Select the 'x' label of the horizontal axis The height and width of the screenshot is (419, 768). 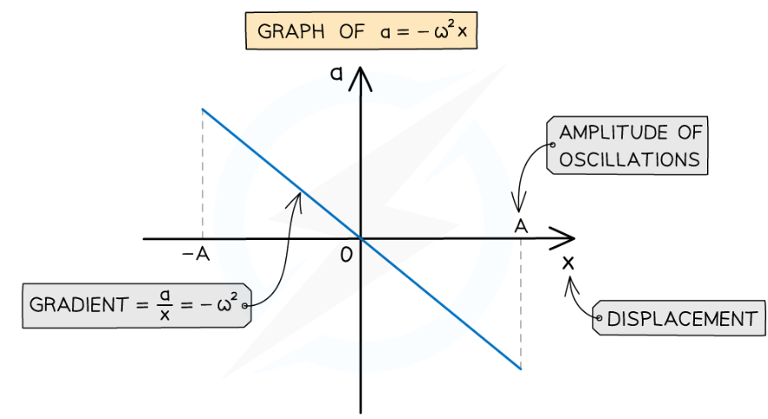click(x=569, y=262)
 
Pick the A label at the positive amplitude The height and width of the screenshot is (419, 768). click(x=520, y=224)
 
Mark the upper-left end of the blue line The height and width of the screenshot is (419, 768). click(x=202, y=110)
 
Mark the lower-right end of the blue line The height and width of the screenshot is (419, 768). click(x=520, y=369)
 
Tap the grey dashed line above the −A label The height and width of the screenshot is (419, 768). click(x=202, y=174)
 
